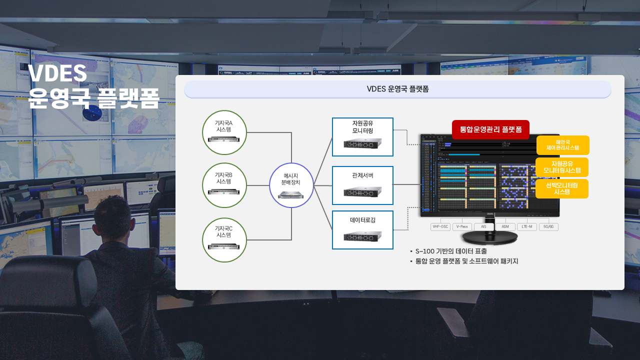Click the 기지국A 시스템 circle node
(x=224, y=132)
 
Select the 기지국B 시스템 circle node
(x=224, y=185)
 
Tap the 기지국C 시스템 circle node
(x=224, y=240)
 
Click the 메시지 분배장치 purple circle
(x=291, y=185)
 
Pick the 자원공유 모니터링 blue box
(x=362, y=137)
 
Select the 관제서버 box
(x=362, y=185)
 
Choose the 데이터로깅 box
(x=362, y=229)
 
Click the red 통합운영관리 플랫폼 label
(x=490, y=129)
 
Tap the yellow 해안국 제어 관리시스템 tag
(x=562, y=145)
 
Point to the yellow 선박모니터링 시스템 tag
(x=562, y=188)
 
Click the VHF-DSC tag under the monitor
(x=440, y=227)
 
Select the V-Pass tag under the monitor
(x=462, y=227)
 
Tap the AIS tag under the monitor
(x=483, y=227)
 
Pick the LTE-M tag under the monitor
(x=526, y=227)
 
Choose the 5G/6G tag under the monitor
(x=548, y=227)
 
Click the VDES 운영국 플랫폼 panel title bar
(x=397, y=89)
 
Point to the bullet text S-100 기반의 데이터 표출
(x=450, y=251)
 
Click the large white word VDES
(x=57, y=73)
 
